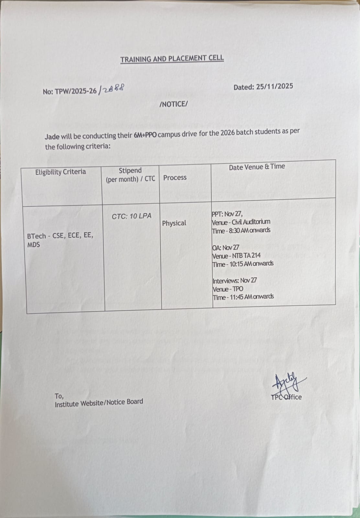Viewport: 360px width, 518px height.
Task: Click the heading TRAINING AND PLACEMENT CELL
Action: [172, 59]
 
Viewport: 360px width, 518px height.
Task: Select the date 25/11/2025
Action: [275, 86]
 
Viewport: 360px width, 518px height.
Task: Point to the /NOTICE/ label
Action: [174, 104]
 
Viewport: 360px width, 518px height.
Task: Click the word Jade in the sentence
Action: [52, 136]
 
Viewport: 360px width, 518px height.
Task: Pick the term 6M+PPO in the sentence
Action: [145, 135]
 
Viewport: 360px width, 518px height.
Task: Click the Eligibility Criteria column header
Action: [61, 172]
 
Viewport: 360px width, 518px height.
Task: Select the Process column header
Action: [175, 177]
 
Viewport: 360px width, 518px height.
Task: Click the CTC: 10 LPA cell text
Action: [131, 216]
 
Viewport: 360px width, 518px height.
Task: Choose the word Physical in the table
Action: [174, 223]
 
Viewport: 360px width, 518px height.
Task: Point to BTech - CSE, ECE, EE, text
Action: [60, 236]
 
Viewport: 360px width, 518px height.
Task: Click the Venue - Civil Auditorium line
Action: [241, 222]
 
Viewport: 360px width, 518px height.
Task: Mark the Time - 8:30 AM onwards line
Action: [241, 231]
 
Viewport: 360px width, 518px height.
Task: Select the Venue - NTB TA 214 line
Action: [236, 256]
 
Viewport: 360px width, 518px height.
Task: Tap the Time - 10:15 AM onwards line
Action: [243, 264]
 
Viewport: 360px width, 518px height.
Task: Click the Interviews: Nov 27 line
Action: [235, 280]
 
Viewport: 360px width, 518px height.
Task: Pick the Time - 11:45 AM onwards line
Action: [243, 297]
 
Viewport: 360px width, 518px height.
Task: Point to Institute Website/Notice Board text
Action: [99, 403]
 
